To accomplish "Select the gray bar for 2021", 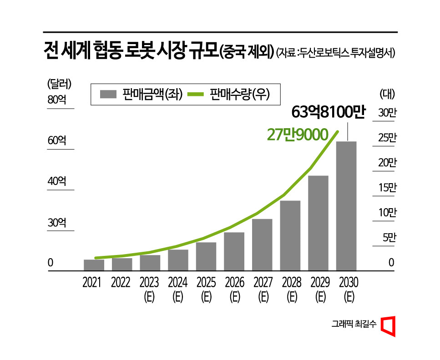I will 94,265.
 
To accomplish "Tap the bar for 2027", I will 262,245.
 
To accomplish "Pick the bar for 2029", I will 318,223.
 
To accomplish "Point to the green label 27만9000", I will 298,135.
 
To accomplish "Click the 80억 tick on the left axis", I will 57,100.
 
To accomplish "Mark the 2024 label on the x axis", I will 177,283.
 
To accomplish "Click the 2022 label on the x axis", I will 121,283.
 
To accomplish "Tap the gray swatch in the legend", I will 109,94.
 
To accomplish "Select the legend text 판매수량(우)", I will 239,94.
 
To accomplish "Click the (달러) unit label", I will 59,84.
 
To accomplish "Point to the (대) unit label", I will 387,94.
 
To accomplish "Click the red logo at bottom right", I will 388,325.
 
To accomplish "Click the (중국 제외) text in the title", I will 246,51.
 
